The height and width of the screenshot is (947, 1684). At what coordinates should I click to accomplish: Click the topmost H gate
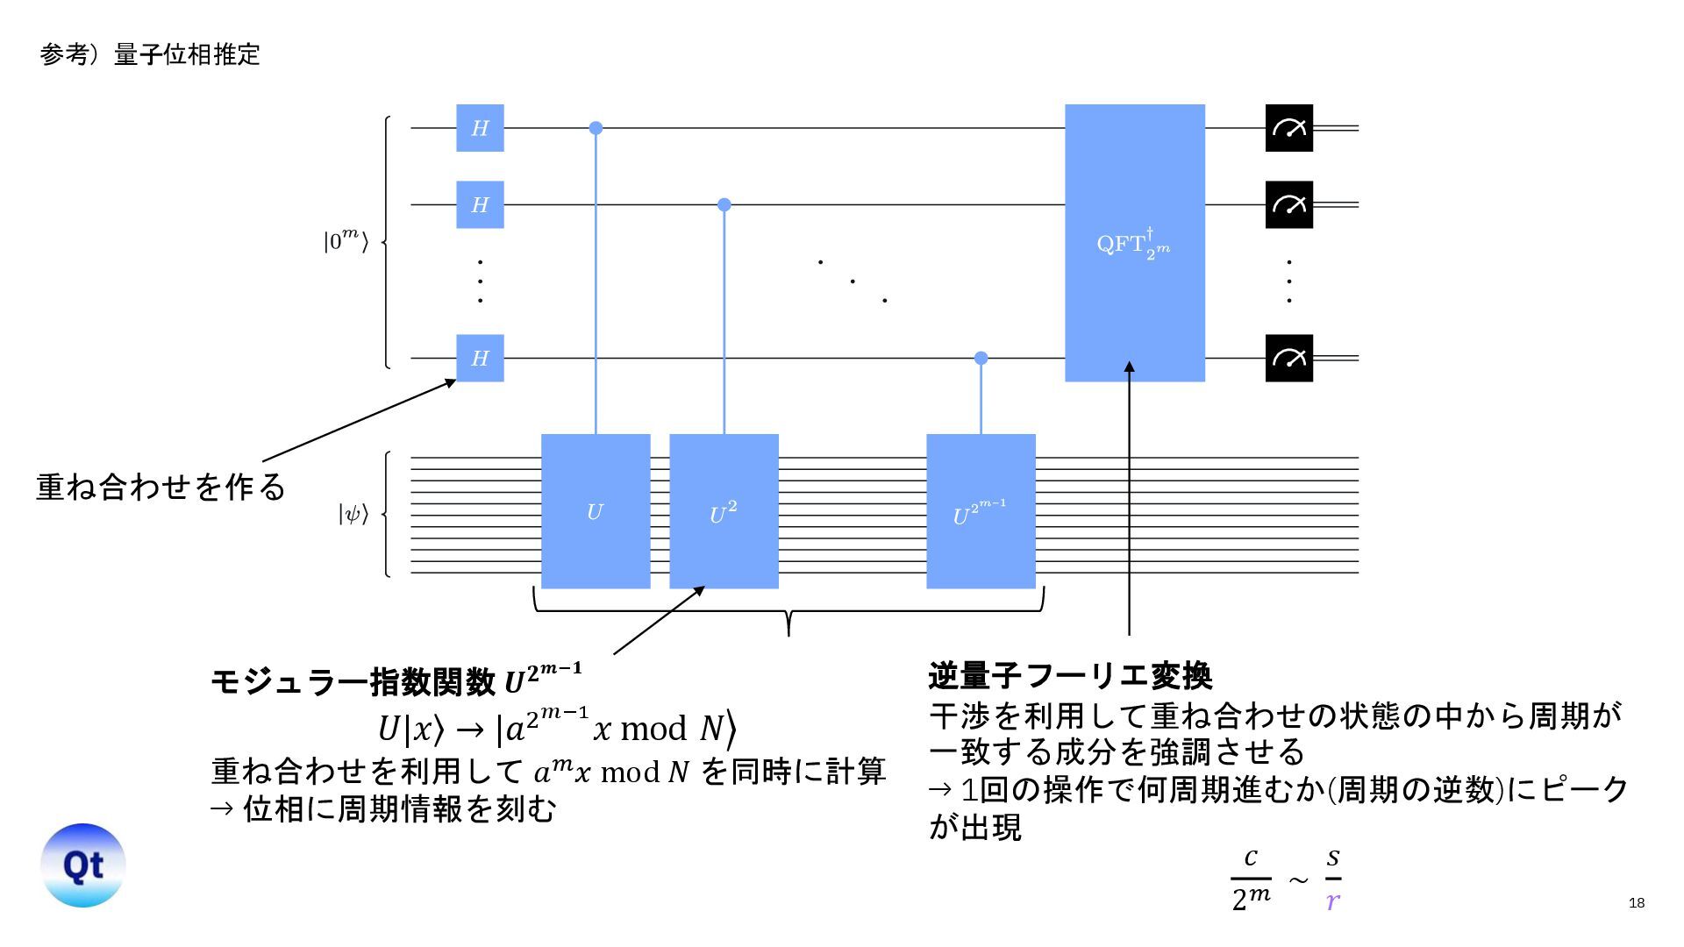480,128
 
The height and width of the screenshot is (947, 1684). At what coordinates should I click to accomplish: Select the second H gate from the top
480,204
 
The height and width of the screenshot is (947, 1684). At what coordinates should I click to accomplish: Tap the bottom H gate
480,358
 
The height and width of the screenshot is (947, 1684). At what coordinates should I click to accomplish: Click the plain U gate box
596,511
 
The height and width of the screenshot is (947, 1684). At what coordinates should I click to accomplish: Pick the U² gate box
724,511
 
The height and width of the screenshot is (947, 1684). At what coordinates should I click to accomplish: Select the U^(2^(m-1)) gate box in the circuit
981,511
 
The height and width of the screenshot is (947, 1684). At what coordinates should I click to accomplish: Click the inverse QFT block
1134,243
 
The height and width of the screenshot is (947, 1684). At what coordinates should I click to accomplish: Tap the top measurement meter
1288,128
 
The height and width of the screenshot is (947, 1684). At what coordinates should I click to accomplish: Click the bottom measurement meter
1288,358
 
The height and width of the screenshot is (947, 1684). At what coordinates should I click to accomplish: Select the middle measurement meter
1288,204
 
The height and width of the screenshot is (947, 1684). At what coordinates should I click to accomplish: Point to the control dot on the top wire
596,128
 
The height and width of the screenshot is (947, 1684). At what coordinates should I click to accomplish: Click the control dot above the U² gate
724,204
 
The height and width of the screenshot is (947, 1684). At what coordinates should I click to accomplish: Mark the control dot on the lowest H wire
981,358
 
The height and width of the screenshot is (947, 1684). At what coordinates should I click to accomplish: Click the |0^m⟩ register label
346,240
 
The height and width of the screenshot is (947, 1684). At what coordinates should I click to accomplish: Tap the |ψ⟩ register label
353,514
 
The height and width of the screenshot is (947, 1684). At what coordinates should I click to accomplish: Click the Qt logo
83,865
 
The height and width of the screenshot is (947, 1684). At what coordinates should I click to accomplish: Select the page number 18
1636,903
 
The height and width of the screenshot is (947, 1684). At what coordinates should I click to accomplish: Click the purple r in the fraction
1333,901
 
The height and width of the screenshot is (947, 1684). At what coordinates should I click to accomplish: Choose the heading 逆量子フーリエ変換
1070,676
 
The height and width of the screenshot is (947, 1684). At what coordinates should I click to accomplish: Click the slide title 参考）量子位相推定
150,54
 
